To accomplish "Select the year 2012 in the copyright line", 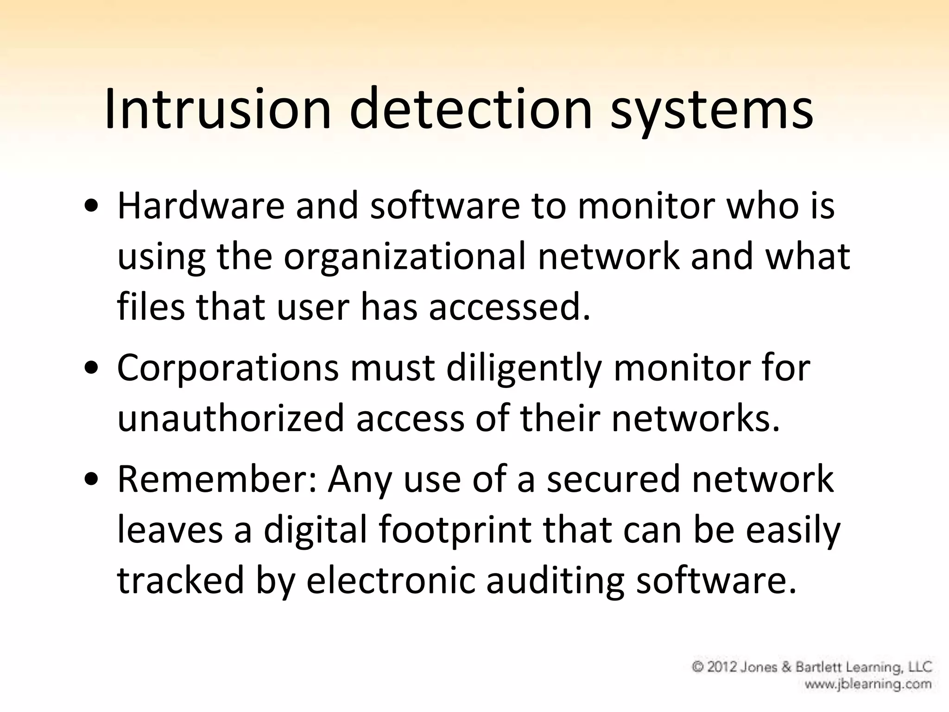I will tap(723, 667).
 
